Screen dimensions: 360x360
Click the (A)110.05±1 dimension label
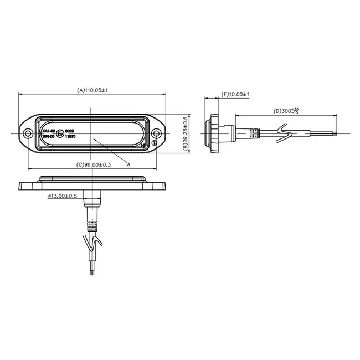pos(92,90)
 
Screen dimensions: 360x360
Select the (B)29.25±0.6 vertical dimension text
pos(186,133)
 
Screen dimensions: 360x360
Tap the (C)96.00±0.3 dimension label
pos(94,164)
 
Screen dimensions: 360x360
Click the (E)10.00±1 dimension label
pos(235,95)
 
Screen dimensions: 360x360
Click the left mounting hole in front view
pos(28,133)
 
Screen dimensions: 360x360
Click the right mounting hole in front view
pos(158,133)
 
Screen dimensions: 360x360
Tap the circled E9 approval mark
pos(60,133)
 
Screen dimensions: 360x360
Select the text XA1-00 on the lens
pos(49,130)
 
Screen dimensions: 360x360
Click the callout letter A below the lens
pos(128,164)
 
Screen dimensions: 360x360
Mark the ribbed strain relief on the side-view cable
pos(253,133)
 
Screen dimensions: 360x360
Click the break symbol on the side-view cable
pos(285,132)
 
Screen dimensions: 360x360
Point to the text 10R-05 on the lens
pos(49,136)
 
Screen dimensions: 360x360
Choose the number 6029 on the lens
pos(69,130)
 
